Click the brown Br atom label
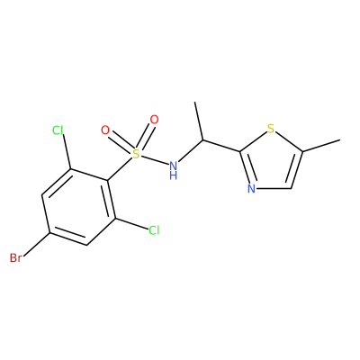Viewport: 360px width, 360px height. click(x=15, y=257)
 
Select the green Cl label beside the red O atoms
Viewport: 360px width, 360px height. click(x=58, y=130)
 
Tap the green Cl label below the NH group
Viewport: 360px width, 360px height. click(x=154, y=230)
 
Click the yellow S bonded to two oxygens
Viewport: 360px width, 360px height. click(x=136, y=154)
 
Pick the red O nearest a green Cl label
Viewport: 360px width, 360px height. click(x=105, y=130)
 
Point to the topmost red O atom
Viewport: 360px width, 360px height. click(x=154, y=120)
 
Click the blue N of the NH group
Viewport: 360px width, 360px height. click(x=173, y=165)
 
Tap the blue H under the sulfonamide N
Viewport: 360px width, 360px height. click(x=173, y=175)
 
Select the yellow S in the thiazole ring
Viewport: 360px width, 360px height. click(x=271, y=129)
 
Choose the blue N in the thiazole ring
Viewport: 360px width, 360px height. click(x=251, y=189)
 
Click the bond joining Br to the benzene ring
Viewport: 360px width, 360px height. click(x=36, y=244)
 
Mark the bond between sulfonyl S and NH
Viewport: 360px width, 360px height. click(x=155, y=159)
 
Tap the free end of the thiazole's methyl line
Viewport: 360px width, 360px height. click(x=340, y=139)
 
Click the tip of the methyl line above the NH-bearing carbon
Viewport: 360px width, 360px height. click(x=195, y=103)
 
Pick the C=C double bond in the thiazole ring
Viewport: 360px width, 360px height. click(x=295, y=170)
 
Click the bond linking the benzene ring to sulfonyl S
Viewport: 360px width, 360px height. click(x=120, y=169)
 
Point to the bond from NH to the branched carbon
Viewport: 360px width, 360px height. click(x=191, y=150)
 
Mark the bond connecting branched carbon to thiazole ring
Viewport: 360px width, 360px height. click(x=221, y=145)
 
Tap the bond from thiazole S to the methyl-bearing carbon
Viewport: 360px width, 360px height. click(x=289, y=142)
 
